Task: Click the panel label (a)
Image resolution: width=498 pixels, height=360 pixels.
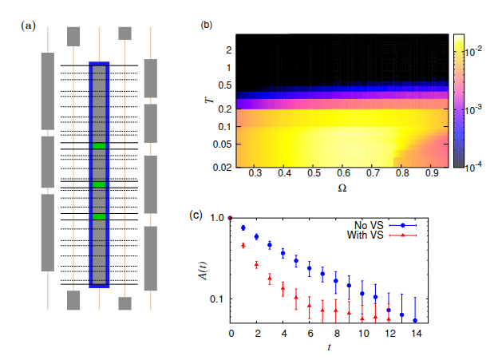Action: (x=28, y=26)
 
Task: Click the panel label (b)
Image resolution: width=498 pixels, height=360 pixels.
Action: (x=207, y=26)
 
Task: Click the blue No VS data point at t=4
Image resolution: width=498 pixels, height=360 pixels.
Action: (x=283, y=253)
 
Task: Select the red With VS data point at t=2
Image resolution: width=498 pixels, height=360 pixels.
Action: (x=256, y=264)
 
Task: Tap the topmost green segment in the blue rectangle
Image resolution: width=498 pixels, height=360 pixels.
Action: (x=98, y=146)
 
